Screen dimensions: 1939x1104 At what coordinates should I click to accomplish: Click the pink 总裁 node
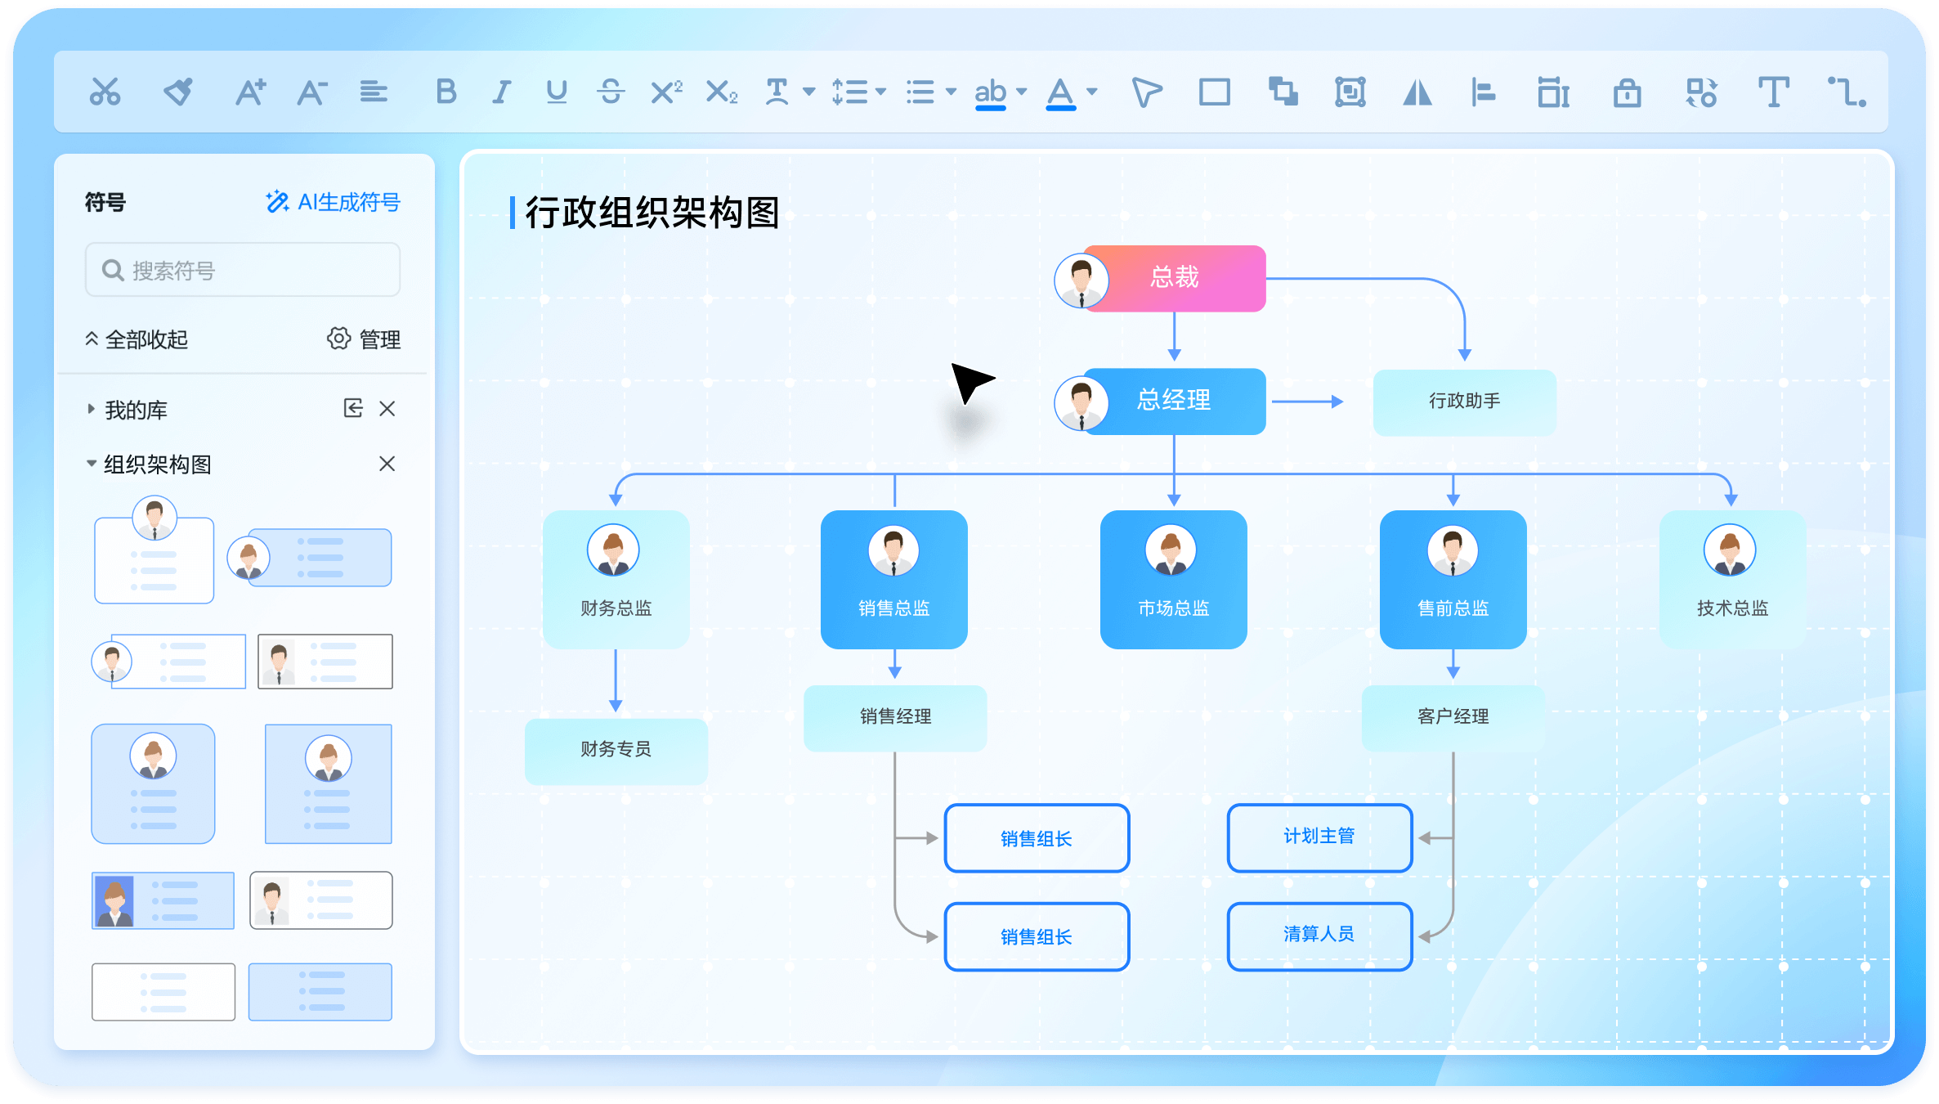pos(1174,278)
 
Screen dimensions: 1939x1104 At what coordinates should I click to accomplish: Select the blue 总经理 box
pos(1174,401)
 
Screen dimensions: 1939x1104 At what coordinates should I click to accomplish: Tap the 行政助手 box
pos(1464,402)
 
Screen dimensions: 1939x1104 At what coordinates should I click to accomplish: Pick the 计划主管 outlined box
pos(1319,837)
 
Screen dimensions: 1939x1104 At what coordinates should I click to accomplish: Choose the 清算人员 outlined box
pos(1319,936)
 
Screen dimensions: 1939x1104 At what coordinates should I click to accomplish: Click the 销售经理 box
pos(895,717)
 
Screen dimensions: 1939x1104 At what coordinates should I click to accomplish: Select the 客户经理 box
pos(1453,717)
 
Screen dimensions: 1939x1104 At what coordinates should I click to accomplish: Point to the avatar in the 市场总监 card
pos(1171,550)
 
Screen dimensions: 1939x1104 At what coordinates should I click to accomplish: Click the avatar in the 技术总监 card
pos(1730,550)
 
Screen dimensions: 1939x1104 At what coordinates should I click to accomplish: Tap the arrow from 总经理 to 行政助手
pos(1307,402)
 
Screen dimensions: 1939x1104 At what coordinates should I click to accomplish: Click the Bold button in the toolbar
pos(446,92)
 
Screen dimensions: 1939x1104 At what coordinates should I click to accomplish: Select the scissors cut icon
pos(105,92)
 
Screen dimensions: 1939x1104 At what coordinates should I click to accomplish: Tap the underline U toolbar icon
pos(557,92)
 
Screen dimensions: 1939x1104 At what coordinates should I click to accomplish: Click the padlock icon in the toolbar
pos(1627,92)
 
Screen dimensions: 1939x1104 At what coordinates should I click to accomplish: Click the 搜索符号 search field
pos(243,270)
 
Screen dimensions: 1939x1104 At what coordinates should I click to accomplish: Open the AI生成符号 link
pos(333,202)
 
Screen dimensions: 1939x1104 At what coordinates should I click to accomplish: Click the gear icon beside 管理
pos(338,339)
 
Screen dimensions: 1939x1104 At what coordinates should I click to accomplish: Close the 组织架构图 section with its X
pos(387,464)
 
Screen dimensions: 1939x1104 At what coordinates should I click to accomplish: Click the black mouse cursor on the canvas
pos(970,381)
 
